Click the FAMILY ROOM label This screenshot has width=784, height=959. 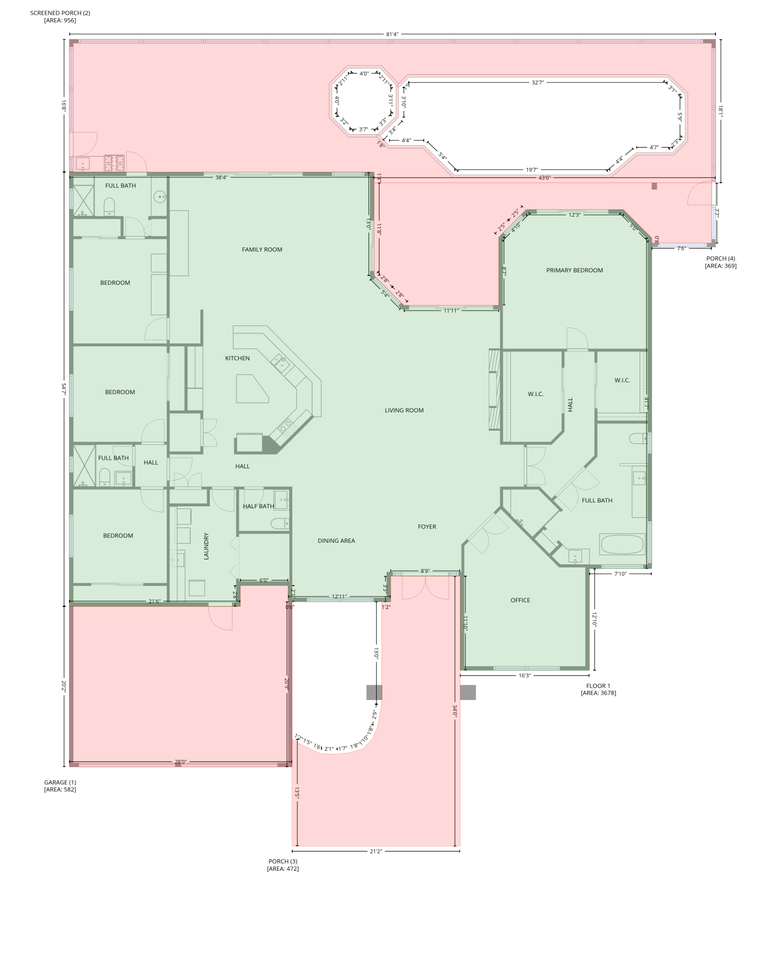[x=262, y=249]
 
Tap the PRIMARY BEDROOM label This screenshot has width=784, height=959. [x=574, y=270]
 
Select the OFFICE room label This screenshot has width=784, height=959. [x=520, y=600]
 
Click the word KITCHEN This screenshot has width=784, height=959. [x=237, y=358]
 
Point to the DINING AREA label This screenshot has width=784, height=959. [x=336, y=540]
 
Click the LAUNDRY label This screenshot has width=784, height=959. [x=207, y=546]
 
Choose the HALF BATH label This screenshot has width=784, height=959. [x=258, y=506]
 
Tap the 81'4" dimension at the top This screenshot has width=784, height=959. [x=392, y=34]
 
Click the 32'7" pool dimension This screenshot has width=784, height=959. [x=538, y=82]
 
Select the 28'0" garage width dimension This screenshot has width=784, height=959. [x=180, y=761]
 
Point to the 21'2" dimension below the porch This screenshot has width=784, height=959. [x=376, y=851]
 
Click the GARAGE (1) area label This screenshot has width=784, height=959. [x=60, y=785]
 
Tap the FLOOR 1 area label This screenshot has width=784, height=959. [x=598, y=689]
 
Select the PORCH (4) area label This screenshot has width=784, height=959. [x=720, y=262]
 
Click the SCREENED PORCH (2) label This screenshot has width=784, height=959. [x=60, y=16]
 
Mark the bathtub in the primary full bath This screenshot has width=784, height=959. [x=622, y=544]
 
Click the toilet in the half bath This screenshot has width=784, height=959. [x=279, y=524]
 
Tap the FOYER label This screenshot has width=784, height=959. [x=427, y=526]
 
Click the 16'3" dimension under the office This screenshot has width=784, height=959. [x=524, y=675]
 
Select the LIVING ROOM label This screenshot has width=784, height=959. [x=404, y=410]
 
